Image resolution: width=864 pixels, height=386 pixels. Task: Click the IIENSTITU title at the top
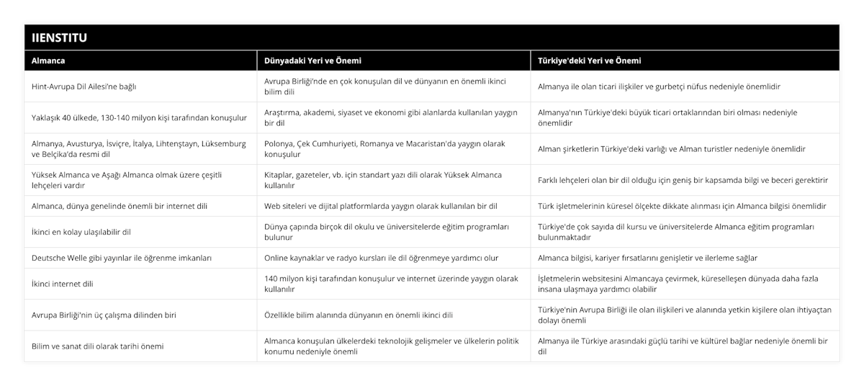(58, 37)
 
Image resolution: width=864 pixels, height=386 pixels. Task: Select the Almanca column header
(49, 60)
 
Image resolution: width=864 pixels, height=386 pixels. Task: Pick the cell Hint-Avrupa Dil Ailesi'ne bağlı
(85, 86)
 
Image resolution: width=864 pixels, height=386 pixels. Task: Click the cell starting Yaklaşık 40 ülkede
(140, 117)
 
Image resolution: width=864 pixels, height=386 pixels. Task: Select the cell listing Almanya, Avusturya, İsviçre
(140, 149)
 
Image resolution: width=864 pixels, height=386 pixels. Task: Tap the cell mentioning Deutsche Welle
(122, 257)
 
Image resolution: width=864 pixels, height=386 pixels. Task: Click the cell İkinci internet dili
(63, 284)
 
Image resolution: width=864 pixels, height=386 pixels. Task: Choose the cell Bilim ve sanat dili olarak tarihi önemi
(97, 346)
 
